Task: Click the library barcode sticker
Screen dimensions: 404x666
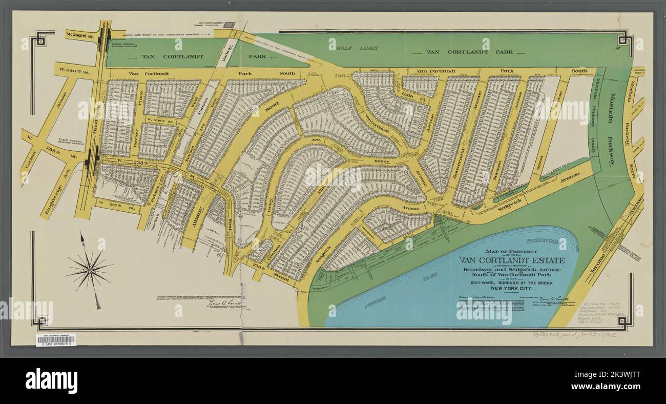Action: (x=56, y=339)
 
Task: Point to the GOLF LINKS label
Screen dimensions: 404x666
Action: (x=358, y=48)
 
